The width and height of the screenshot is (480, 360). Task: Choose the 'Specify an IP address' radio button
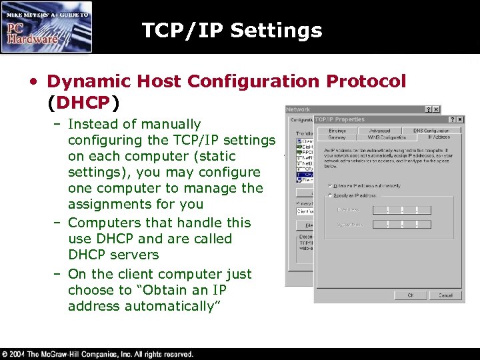(x=330, y=195)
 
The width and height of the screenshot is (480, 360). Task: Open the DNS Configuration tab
(x=431, y=130)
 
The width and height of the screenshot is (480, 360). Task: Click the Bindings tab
(x=337, y=130)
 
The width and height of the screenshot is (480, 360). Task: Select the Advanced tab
(x=380, y=130)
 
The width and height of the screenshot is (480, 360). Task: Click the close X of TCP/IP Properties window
(x=459, y=119)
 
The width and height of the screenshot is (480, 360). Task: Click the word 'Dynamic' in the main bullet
(x=83, y=81)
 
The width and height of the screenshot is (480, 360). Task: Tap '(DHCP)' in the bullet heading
(x=83, y=103)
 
